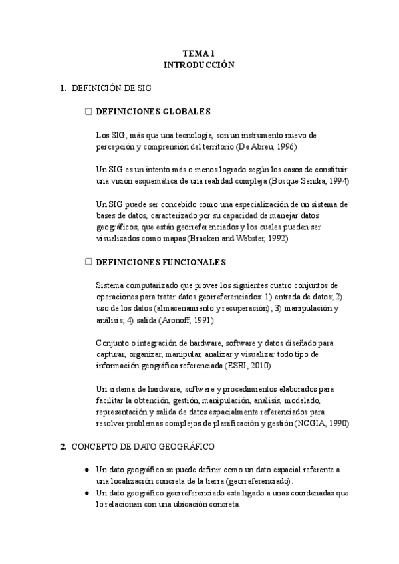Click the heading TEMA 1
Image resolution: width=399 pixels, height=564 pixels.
coord(199,54)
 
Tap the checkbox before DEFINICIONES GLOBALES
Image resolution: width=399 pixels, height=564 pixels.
coord(88,111)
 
